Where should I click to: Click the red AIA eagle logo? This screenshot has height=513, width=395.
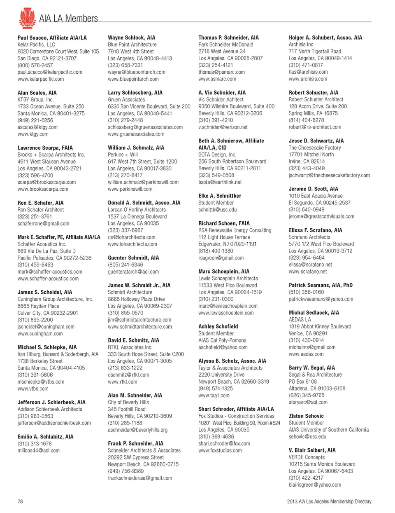(27, 18)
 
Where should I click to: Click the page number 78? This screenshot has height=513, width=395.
(20, 501)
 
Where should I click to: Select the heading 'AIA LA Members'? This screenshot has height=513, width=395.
(68, 19)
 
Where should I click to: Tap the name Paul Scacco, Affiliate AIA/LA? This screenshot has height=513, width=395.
(52, 37)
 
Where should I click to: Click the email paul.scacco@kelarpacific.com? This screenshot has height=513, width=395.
(50, 72)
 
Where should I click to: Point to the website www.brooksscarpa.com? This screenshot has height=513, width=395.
(43, 189)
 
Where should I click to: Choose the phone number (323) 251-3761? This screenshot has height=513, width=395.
(35, 217)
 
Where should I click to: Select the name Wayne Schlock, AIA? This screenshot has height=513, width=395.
(132, 37)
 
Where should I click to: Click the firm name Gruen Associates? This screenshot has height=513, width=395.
(126, 100)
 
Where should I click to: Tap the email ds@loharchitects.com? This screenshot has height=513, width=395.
(132, 237)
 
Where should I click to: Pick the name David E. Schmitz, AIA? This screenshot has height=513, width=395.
(133, 340)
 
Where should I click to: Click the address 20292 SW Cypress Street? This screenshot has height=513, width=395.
(136, 457)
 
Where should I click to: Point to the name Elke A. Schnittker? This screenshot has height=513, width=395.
(220, 196)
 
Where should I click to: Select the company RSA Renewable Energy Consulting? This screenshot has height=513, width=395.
(235, 230)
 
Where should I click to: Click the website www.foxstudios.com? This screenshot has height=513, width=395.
(220, 450)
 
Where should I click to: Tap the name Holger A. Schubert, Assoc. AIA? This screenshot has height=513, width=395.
(325, 37)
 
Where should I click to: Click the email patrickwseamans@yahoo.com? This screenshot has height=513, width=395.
(321, 299)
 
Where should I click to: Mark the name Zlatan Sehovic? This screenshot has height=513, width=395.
(306, 416)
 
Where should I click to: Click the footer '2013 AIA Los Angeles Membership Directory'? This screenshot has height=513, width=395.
(329, 501)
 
